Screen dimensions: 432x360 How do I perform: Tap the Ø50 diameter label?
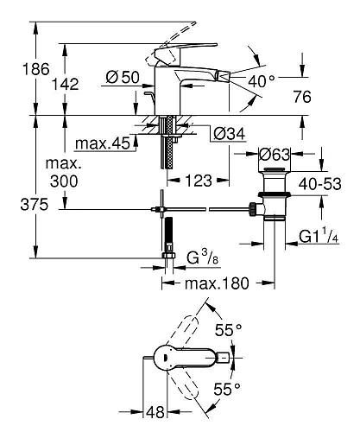tap(123, 78)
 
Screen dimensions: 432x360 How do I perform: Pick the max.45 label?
tap(101, 143)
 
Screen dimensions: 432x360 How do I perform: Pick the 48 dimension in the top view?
tap(156, 415)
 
